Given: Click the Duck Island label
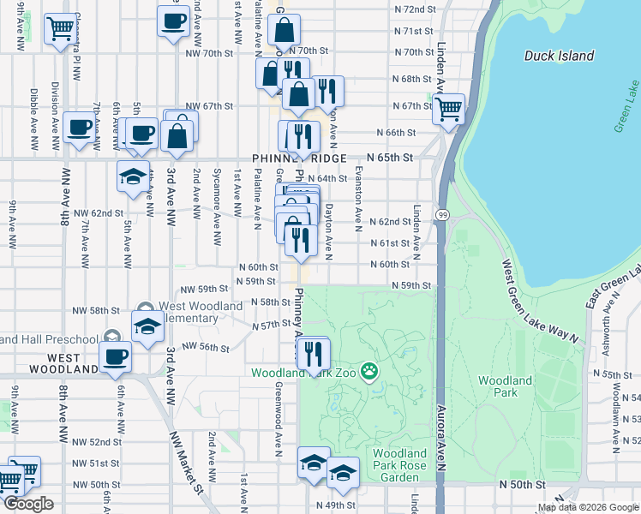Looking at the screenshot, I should (559, 56).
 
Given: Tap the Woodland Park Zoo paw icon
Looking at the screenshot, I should (369, 371).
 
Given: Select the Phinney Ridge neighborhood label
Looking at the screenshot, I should (299, 158).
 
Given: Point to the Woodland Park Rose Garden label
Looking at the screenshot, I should (398, 458).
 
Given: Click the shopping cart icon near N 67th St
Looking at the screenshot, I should (448, 109).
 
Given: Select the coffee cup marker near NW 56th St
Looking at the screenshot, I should (115, 356).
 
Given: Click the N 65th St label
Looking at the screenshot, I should (390, 158).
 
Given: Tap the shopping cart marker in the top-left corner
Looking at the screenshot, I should (59, 28).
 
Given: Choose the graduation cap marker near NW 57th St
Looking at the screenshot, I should (147, 326).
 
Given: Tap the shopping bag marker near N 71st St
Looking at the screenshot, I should (284, 30).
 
